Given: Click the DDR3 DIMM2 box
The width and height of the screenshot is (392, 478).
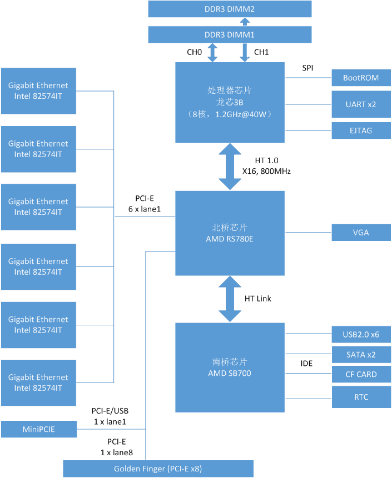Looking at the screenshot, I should (x=230, y=9).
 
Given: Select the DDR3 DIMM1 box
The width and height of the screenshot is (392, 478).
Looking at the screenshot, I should (x=230, y=34).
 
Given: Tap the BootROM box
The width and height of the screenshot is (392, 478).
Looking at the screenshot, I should (x=361, y=78).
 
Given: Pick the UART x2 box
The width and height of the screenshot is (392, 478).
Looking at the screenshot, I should (x=361, y=104).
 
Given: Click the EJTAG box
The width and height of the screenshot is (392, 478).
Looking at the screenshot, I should (x=361, y=130).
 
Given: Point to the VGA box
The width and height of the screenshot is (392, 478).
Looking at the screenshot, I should (x=361, y=233).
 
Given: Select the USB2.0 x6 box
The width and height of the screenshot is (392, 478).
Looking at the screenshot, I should (x=361, y=334).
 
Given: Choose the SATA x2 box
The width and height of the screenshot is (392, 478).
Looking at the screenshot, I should (x=361, y=354).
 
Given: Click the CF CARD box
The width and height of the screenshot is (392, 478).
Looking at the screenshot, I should (x=361, y=374).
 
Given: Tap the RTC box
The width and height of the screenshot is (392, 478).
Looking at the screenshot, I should (x=361, y=397).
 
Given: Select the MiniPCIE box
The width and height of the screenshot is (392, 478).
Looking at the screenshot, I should (x=38, y=429).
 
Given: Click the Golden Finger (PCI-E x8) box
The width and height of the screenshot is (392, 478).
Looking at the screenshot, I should (x=158, y=469).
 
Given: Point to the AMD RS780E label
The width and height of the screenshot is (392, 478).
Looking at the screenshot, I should (x=230, y=238).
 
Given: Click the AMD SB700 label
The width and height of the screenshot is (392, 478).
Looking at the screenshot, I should (x=230, y=373).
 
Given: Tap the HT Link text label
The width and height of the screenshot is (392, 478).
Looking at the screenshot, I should (x=258, y=299).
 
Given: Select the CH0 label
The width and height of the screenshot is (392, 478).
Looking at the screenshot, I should (x=194, y=53).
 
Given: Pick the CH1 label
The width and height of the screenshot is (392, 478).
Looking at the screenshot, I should (x=261, y=53).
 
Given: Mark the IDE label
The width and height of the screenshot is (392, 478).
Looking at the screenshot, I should (x=306, y=364).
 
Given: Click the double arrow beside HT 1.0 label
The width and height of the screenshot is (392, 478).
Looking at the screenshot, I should (x=230, y=166).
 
